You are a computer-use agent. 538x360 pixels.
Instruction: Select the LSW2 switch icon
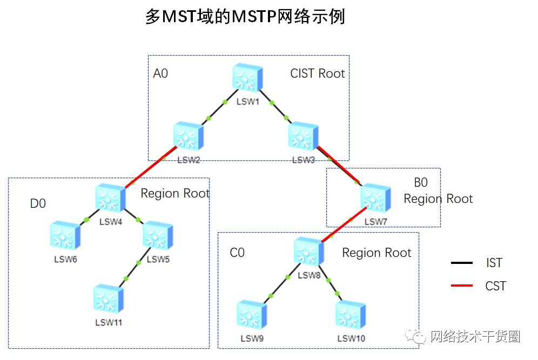(189, 137)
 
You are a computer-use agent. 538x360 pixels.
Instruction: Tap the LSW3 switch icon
(303, 137)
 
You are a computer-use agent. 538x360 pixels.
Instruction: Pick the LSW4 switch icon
(111, 198)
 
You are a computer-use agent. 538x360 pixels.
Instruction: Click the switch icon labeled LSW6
(65, 236)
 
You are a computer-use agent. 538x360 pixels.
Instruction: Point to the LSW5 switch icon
(158, 236)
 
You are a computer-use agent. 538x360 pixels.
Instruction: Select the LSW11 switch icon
(108, 300)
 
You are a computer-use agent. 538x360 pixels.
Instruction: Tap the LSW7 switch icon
(375, 199)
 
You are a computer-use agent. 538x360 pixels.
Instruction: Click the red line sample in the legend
(462, 286)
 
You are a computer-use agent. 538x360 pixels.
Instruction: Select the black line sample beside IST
(462, 263)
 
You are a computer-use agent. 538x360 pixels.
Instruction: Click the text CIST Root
(318, 73)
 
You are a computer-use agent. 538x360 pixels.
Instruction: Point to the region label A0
(160, 73)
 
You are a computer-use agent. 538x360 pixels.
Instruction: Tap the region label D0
(38, 204)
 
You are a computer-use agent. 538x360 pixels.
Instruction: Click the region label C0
(237, 253)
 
